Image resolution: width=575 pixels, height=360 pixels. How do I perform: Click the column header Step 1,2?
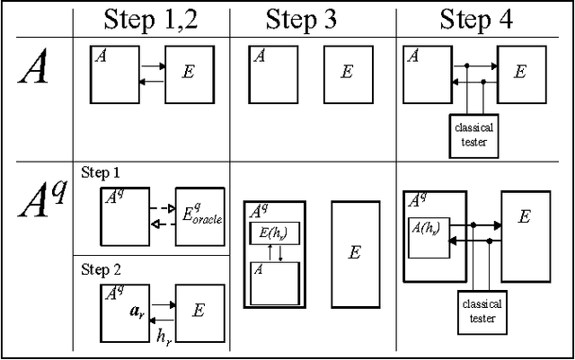pyautogui.click(x=150, y=21)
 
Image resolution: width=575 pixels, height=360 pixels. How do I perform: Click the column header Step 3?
pyautogui.click(x=301, y=21)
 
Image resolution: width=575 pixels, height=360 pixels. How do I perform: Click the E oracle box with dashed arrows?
pyautogui.click(x=199, y=215)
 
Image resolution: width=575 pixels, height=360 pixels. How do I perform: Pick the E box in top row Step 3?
pyautogui.click(x=347, y=73)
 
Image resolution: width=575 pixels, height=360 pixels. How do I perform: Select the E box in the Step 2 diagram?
pyautogui.click(x=199, y=311)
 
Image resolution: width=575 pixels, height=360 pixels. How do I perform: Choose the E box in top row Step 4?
pyautogui.click(x=521, y=73)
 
